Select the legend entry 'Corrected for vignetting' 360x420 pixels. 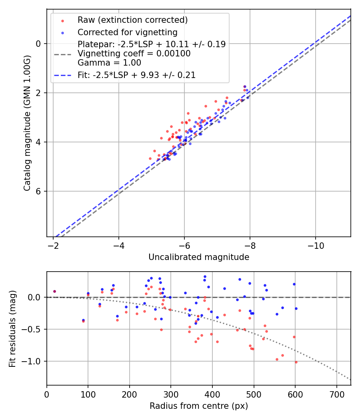click(127, 32)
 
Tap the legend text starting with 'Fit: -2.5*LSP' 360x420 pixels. click(136, 75)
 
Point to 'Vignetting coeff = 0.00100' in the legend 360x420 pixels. click(134, 54)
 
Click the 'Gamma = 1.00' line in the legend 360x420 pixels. click(109, 63)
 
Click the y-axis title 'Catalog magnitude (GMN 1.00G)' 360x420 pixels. click(27, 123)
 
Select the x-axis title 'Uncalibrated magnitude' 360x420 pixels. click(198, 257)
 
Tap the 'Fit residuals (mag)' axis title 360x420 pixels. click(12, 328)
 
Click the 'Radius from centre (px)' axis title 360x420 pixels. click(198, 406)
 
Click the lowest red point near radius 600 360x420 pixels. click(296, 362)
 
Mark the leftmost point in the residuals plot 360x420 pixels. click(54, 292)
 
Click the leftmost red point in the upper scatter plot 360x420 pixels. click(150, 158)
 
